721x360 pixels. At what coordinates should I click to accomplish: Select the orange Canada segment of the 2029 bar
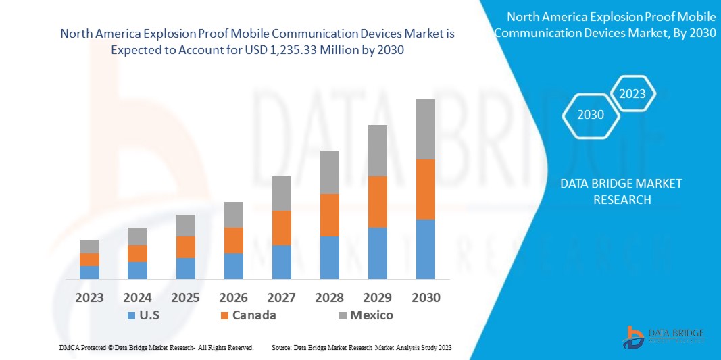(x=377, y=201)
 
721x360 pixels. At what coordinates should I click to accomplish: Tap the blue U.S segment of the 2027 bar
(x=281, y=261)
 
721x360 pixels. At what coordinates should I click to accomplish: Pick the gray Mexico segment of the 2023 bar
(x=89, y=247)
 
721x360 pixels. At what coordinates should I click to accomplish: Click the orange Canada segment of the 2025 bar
(x=185, y=247)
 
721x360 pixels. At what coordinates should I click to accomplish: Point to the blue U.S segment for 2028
(x=329, y=257)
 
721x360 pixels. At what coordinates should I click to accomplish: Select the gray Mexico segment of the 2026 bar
(x=233, y=215)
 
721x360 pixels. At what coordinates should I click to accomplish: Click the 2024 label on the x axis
(x=137, y=297)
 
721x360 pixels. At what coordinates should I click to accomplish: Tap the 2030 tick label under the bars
(x=425, y=297)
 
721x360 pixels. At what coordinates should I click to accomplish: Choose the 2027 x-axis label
(x=281, y=297)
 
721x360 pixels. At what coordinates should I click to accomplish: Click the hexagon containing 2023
(x=632, y=94)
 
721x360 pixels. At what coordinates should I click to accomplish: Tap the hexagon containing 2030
(x=590, y=115)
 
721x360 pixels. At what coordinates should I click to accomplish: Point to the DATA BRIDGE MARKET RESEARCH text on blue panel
(x=621, y=192)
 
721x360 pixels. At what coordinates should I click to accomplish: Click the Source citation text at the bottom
(x=361, y=347)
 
